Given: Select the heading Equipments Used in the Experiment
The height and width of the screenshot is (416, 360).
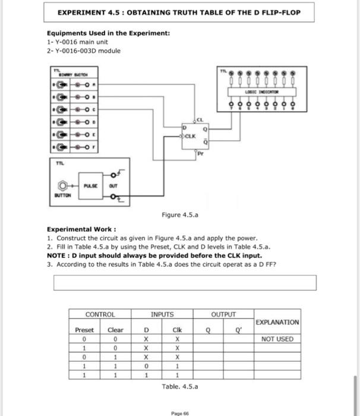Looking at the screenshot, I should point(109,33).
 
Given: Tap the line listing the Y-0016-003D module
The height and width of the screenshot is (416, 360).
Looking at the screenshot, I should point(84,51).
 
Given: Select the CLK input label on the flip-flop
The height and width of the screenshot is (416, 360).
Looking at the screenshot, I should point(191,135).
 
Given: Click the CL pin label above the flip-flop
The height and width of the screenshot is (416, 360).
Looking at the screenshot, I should point(200,118).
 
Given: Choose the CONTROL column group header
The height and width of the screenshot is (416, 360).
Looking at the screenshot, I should point(100,314).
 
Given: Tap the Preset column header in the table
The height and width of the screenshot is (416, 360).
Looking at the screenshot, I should point(84,329).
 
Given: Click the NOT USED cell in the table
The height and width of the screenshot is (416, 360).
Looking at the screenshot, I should point(277,339).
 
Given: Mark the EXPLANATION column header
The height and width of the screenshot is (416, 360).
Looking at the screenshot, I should point(277,322).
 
